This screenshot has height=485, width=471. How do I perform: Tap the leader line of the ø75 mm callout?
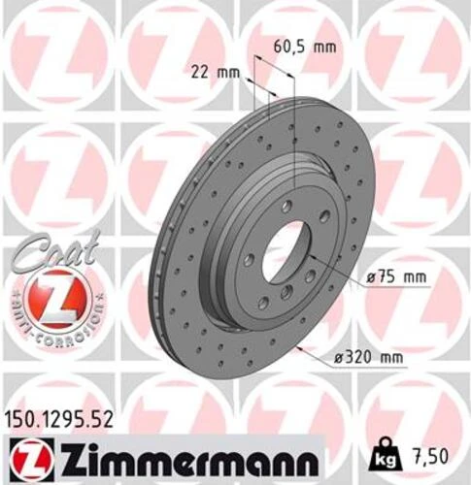pos(340,276)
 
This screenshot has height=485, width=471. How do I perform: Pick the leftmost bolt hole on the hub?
pos(250,259)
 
